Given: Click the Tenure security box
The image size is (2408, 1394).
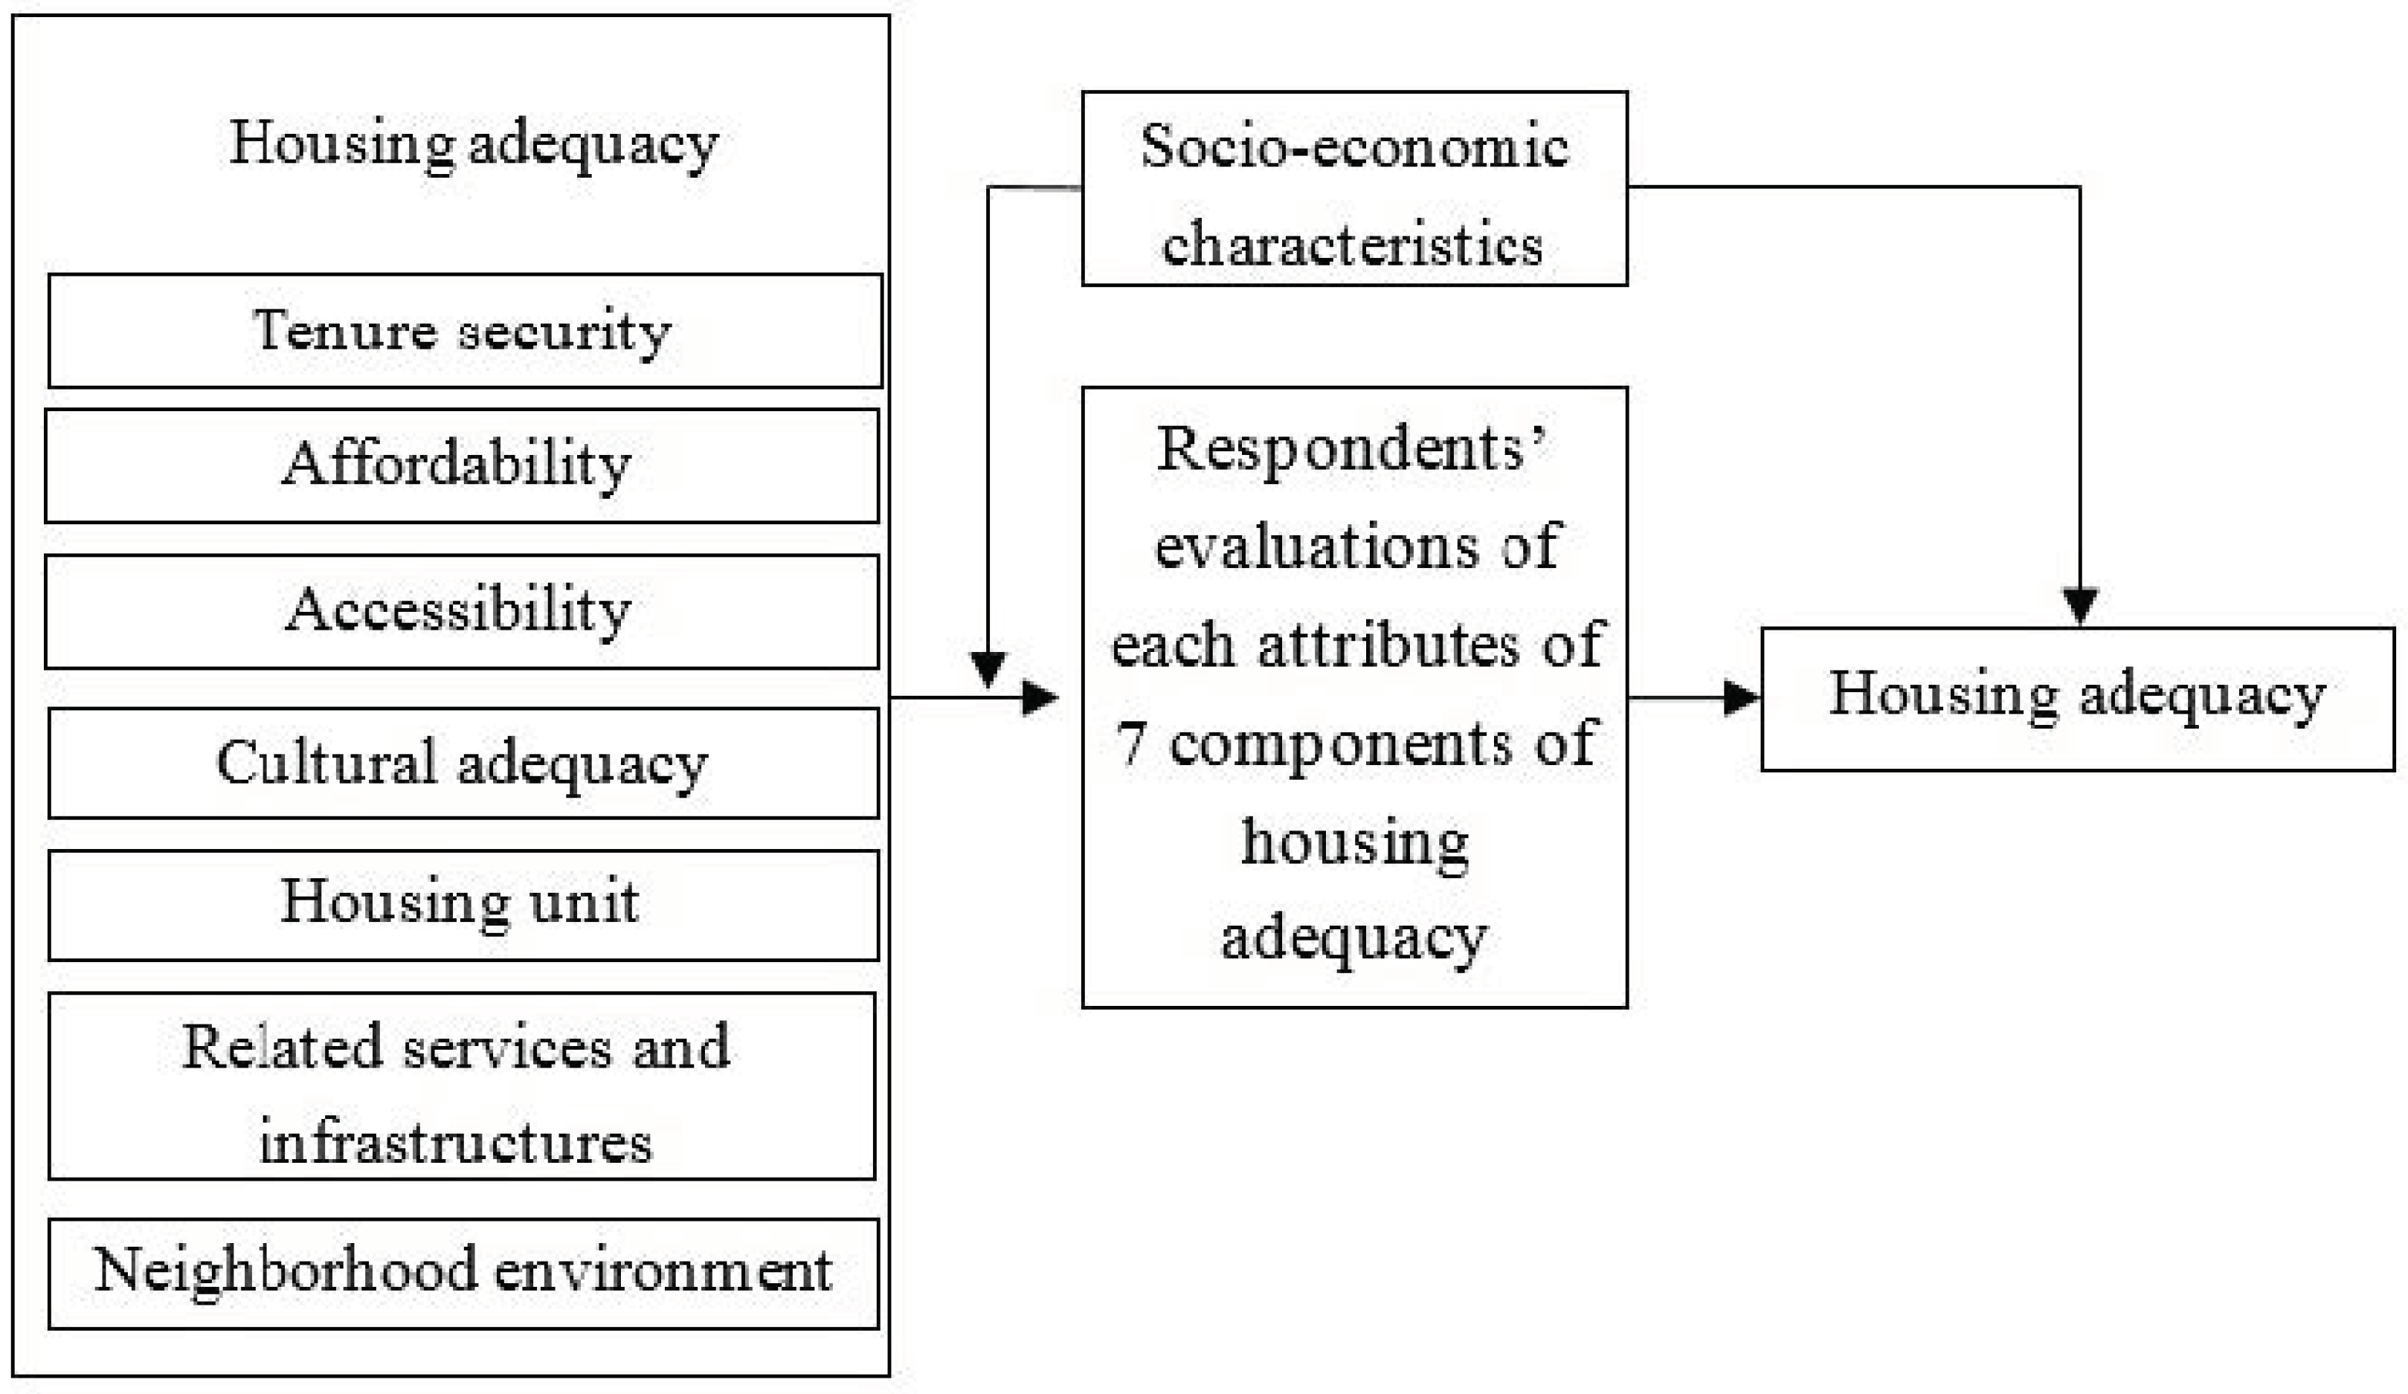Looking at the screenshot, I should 464,331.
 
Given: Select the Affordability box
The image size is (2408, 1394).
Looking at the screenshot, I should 462,465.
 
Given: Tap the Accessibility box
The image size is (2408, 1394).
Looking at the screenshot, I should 462,611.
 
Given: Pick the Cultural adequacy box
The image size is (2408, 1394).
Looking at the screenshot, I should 463,764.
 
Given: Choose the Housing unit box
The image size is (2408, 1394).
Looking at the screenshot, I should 463,905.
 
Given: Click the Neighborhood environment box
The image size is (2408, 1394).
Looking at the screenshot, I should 463,1274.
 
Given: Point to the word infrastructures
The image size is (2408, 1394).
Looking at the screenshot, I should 456,1143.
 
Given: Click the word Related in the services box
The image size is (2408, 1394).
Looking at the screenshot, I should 282,1046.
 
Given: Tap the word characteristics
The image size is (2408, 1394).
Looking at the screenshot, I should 1352,244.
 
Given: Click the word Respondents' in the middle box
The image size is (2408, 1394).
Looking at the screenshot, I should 1352,449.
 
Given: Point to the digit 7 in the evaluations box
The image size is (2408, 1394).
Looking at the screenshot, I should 1131,743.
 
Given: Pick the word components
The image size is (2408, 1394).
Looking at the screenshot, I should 1341,743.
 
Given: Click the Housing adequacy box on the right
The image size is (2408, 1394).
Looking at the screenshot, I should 2077,698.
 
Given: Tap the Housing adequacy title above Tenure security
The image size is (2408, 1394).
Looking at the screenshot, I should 473,144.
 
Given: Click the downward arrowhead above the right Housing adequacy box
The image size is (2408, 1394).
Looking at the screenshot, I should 2080,604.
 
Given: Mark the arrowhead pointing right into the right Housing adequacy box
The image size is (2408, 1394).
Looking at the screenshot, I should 1741,698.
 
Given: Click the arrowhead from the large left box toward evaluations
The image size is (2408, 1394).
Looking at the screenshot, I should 1040,698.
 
